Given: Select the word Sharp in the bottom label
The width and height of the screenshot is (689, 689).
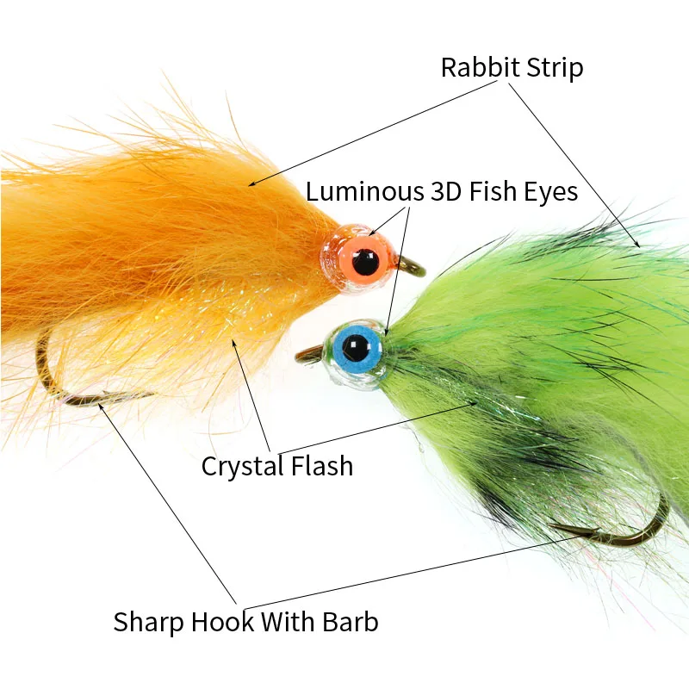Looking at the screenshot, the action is [x=149, y=621].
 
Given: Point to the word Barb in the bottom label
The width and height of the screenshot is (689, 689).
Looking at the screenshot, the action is [x=350, y=621].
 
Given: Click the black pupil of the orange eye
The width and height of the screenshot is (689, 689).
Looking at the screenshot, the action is [x=366, y=261].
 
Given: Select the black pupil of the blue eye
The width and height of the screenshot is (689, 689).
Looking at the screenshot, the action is [x=354, y=348].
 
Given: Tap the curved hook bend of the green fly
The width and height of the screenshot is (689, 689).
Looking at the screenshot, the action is [x=655, y=525].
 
